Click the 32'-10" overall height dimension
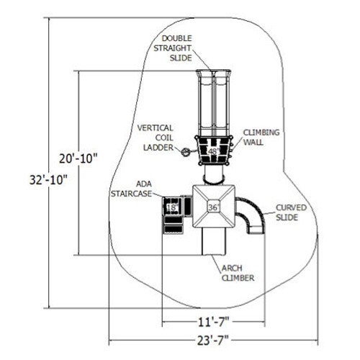tap(48, 180)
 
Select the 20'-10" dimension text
tap(78, 158)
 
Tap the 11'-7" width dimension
tap(213, 322)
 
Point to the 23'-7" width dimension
tap(213, 341)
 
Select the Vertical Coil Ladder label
tap(156, 138)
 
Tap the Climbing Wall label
tap(261, 138)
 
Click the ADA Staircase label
tap(131, 189)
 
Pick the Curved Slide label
tap(291, 212)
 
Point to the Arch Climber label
tap(238, 273)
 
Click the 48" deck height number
tap(214, 151)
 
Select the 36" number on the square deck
tap(214, 207)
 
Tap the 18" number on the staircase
tap(172, 207)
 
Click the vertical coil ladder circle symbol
tap(186, 152)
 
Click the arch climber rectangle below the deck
tap(214, 241)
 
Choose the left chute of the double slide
tap(205, 103)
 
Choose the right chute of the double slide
tap(221, 103)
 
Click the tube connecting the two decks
tap(214, 174)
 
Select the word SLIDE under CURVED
tap(287, 217)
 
